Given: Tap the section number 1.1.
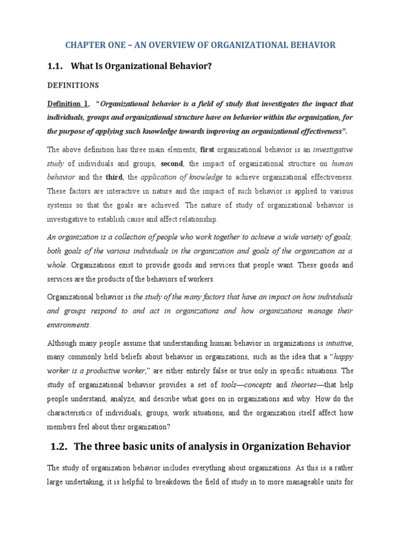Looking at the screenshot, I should pyautogui.click(x=56, y=66).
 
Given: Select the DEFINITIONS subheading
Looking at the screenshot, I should pyautogui.click(x=73, y=85).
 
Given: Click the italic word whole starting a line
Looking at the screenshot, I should pyautogui.click(x=57, y=265).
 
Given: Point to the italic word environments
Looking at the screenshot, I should pyautogui.click(x=68, y=324).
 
